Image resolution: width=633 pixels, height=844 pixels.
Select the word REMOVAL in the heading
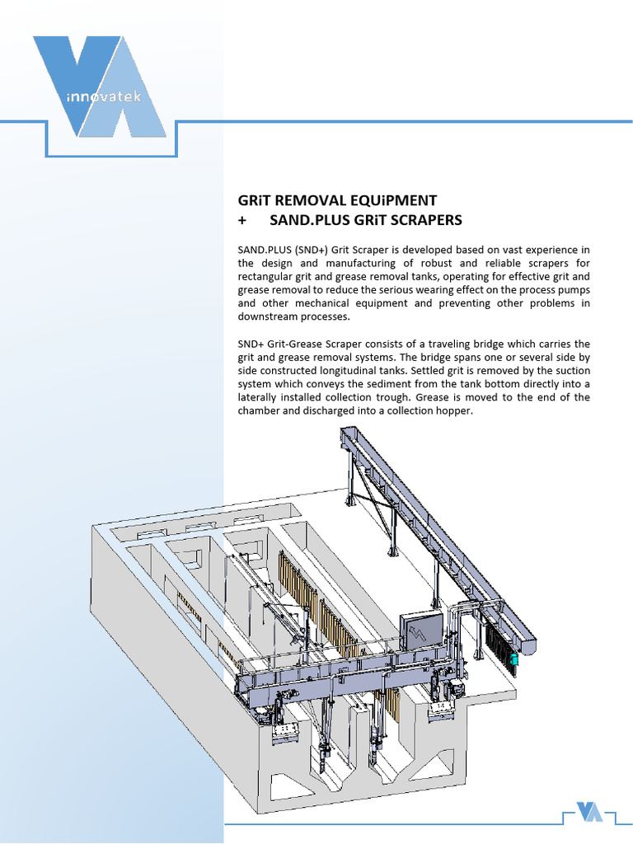[306, 200]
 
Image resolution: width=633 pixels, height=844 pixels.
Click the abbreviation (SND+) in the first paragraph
[326, 251]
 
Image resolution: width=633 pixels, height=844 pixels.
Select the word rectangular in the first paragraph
[265, 277]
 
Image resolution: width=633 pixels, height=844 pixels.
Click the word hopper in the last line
[453, 410]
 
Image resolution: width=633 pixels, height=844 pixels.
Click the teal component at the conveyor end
[513, 659]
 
